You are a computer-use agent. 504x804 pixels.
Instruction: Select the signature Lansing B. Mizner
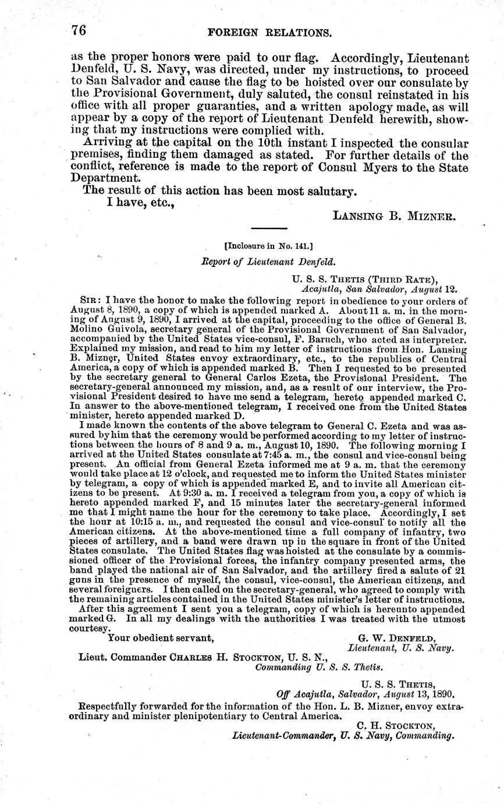coord(395,215)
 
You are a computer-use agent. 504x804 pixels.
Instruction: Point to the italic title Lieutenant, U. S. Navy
coord(400,647)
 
